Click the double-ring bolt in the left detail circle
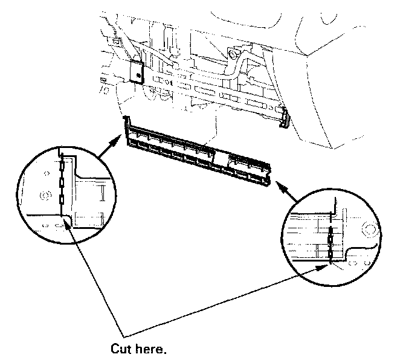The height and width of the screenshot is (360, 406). [43, 194]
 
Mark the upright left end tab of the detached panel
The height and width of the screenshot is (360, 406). [126, 124]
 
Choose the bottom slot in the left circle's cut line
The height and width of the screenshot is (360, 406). [61, 199]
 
